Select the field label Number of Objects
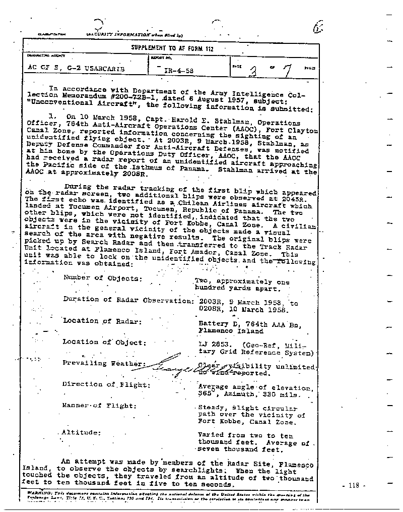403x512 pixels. (102, 278)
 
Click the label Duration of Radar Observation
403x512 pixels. (128, 299)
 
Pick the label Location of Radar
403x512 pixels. (102, 321)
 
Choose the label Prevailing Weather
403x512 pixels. (104, 363)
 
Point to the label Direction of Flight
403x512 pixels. (104, 384)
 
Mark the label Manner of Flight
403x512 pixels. (99, 406)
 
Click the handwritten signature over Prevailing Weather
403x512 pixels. (186, 370)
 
